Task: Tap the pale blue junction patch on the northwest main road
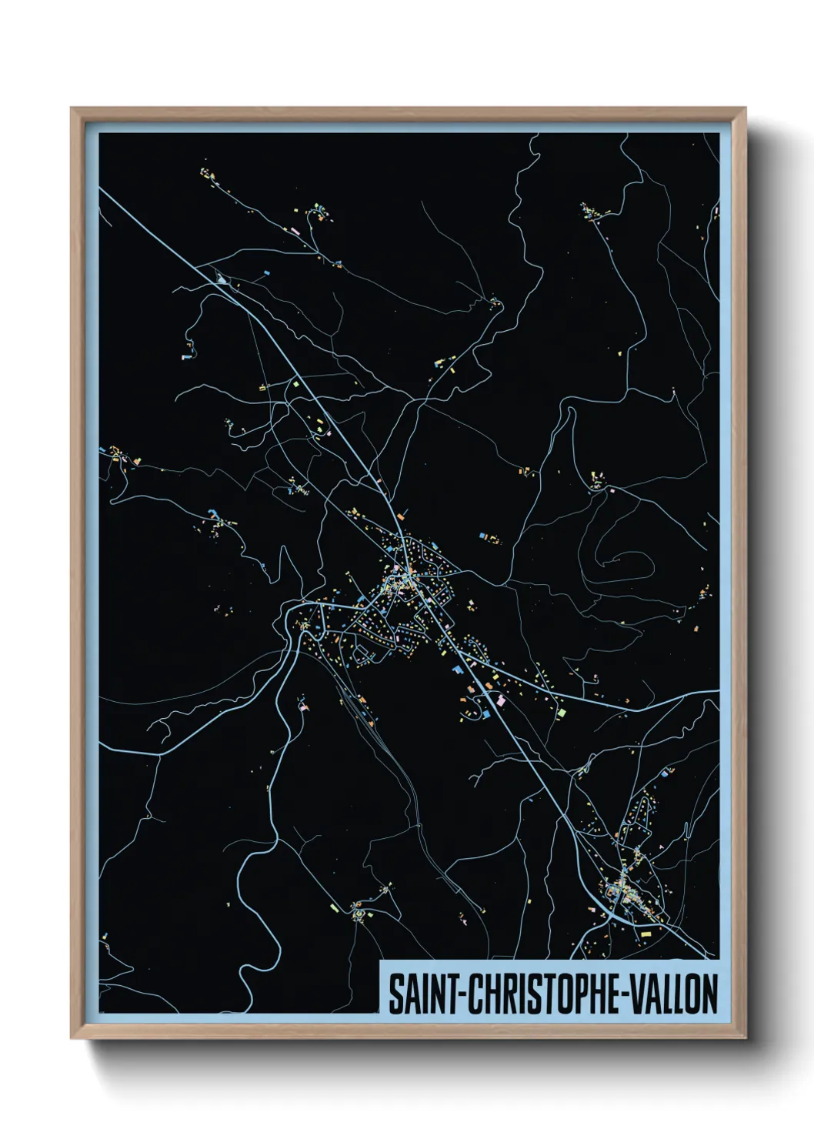click(x=222, y=279)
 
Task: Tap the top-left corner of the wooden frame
click(x=72, y=109)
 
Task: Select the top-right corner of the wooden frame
click(x=746, y=109)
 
